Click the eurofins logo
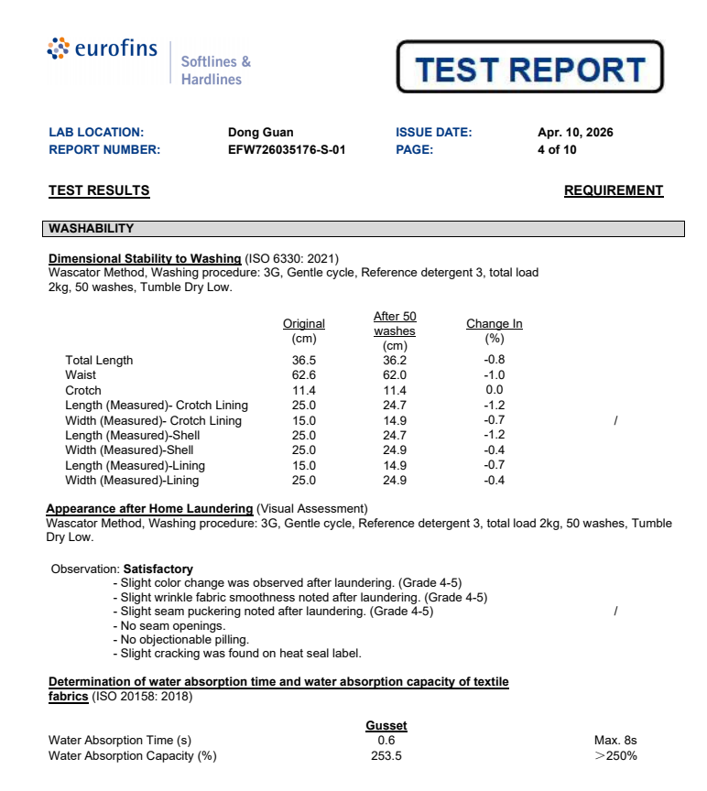tap(102, 50)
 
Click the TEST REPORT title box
tap(529, 68)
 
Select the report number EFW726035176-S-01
tap(286, 150)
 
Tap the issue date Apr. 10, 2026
tap(575, 133)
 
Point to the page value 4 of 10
tap(557, 150)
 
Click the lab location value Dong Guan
tap(260, 133)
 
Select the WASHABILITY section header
tap(92, 229)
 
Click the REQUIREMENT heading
tap(613, 191)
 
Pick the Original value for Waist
tap(303, 375)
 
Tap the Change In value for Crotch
tap(494, 390)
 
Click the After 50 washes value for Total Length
tap(394, 360)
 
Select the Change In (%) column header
tap(494, 330)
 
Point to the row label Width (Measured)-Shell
tap(129, 450)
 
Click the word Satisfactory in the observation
tap(158, 569)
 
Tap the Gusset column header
tap(386, 726)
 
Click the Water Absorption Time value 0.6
tap(386, 740)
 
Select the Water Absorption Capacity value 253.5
tap(386, 756)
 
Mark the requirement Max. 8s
tap(615, 740)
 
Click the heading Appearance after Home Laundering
tap(149, 509)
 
